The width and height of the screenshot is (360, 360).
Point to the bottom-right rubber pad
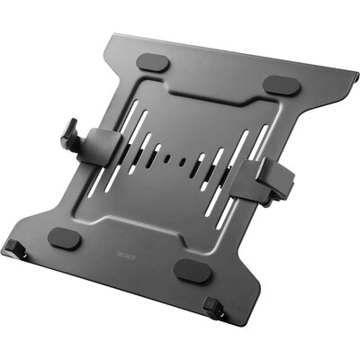click(x=192, y=269)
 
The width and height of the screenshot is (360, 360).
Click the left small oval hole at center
click(x=170, y=158)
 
